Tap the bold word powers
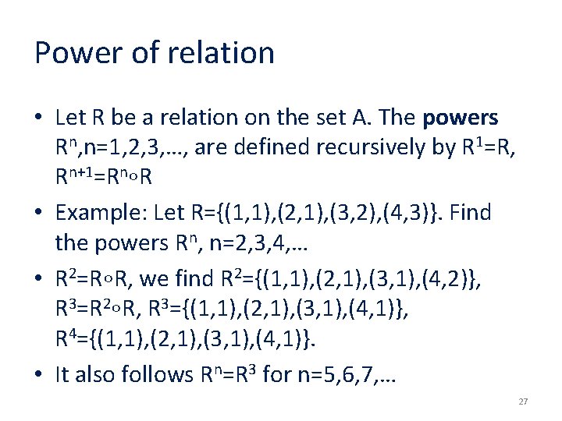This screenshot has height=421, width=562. click(x=460, y=118)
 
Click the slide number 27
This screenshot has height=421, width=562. click(x=523, y=402)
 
